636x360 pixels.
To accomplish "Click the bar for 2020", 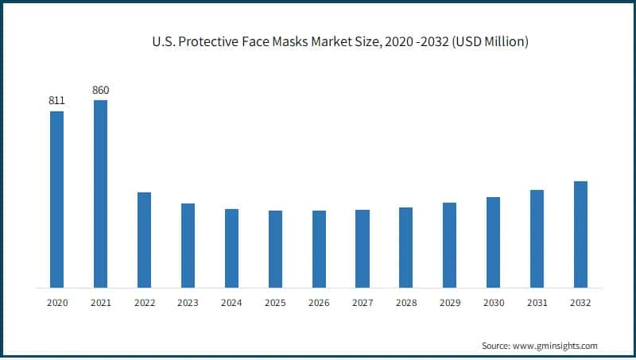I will click(x=56, y=199).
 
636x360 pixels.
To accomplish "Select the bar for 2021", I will click(x=100, y=194).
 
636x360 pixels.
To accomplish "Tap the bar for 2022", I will click(x=144, y=240).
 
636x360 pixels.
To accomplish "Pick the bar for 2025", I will click(x=275, y=249).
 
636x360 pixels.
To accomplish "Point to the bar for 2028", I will click(x=405, y=247).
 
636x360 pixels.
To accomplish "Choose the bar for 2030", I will click(x=493, y=242).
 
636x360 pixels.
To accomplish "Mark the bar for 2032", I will click(x=580, y=234).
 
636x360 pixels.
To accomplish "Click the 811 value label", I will click(x=56, y=101).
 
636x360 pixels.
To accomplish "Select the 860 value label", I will click(x=100, y=90).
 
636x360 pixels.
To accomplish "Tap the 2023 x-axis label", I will click(x=188, y=303).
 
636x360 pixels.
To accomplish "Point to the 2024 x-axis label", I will click(x=231, y=303).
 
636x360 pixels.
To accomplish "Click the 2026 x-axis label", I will click(x=319, y=303).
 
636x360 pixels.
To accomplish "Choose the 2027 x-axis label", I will click(x=363, y=303).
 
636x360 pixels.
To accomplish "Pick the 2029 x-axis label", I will click(x=449, y=303).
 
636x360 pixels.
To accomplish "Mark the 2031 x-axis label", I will click(x=537, y=303).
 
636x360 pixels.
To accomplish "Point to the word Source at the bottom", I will click(x=496, y=346).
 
